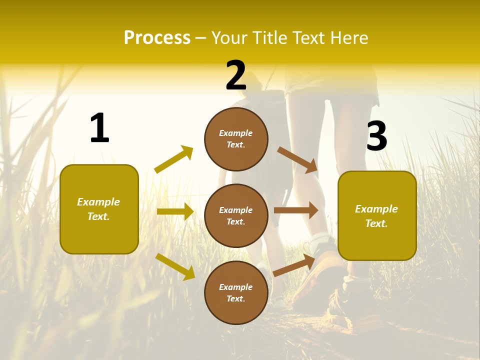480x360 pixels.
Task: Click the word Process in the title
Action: (x=157, y=38)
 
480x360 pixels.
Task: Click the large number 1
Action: (x=99, y=128)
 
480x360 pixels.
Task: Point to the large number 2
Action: (x=236, y=75)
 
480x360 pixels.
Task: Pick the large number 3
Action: (x=376, y=136)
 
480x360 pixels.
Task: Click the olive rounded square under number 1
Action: (x=99, y=209)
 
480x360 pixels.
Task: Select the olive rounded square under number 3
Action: (x=377, y=215)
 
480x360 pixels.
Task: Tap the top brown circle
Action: (x=236, y=139)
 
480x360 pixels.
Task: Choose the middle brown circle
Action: (x=236, y=215)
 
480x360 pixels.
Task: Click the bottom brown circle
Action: (x=236, y=292)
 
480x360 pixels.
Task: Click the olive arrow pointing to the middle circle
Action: (x=175, y=211)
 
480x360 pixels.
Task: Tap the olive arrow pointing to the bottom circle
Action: (x=175, y=266)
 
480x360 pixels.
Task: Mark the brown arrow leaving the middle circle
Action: (x=295, y=210)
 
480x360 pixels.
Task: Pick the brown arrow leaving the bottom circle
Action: (x=294, y=265)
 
